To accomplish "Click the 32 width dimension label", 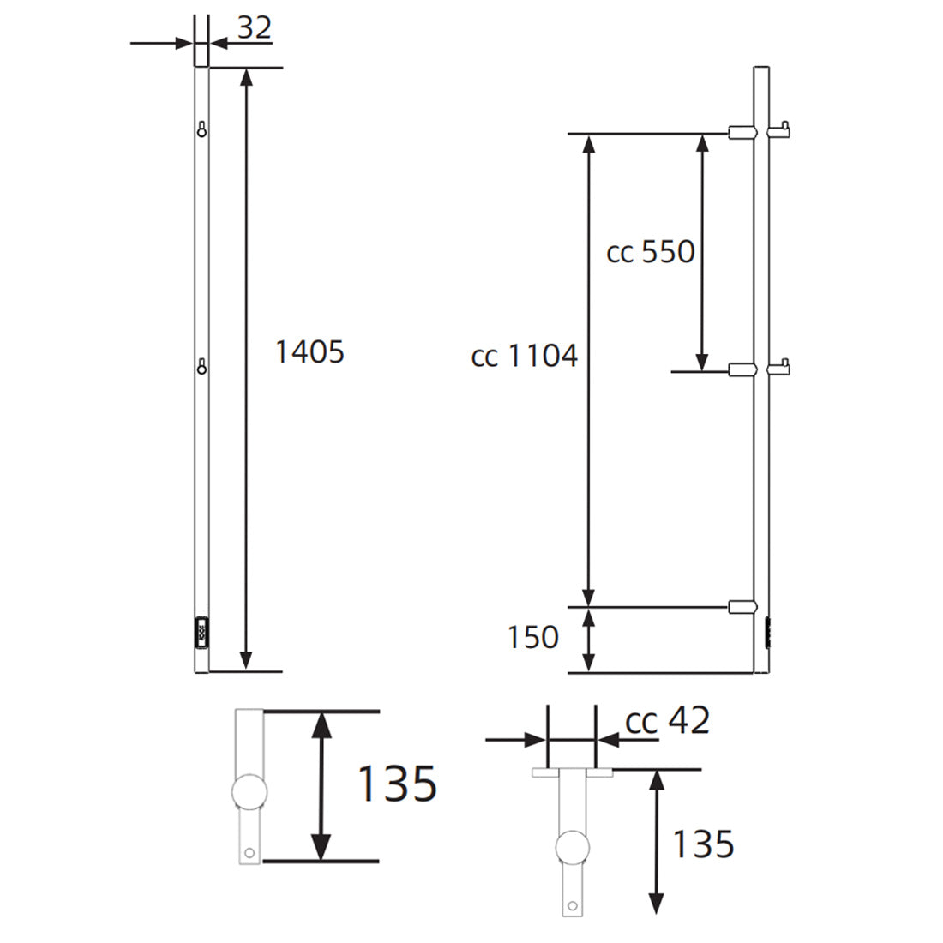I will [x=254, y=28].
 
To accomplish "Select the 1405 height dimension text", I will [x=309, y=351].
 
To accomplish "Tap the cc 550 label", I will [x=650, y=252].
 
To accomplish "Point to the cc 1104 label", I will [x=525, y=356].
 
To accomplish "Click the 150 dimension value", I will [x=532, y=638].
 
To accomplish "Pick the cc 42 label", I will [x=668, y=722].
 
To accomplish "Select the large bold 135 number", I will [x=396, y=784].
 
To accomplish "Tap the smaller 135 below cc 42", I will [x=702, y=844].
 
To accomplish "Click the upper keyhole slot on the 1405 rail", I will [x=201, y=129].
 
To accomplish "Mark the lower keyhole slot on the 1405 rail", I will [x=201, y=366].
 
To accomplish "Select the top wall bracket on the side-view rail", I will [x=741, y=132].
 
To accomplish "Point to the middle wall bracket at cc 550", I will [x=741, y=370].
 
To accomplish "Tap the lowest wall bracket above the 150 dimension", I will [x=741, y=607].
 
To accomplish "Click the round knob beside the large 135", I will [x=249, y=791].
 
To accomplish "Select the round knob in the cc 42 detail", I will [x=572, y=848].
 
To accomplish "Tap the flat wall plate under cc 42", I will [x=572, y=772].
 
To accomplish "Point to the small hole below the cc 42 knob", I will [x=572, y=904].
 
